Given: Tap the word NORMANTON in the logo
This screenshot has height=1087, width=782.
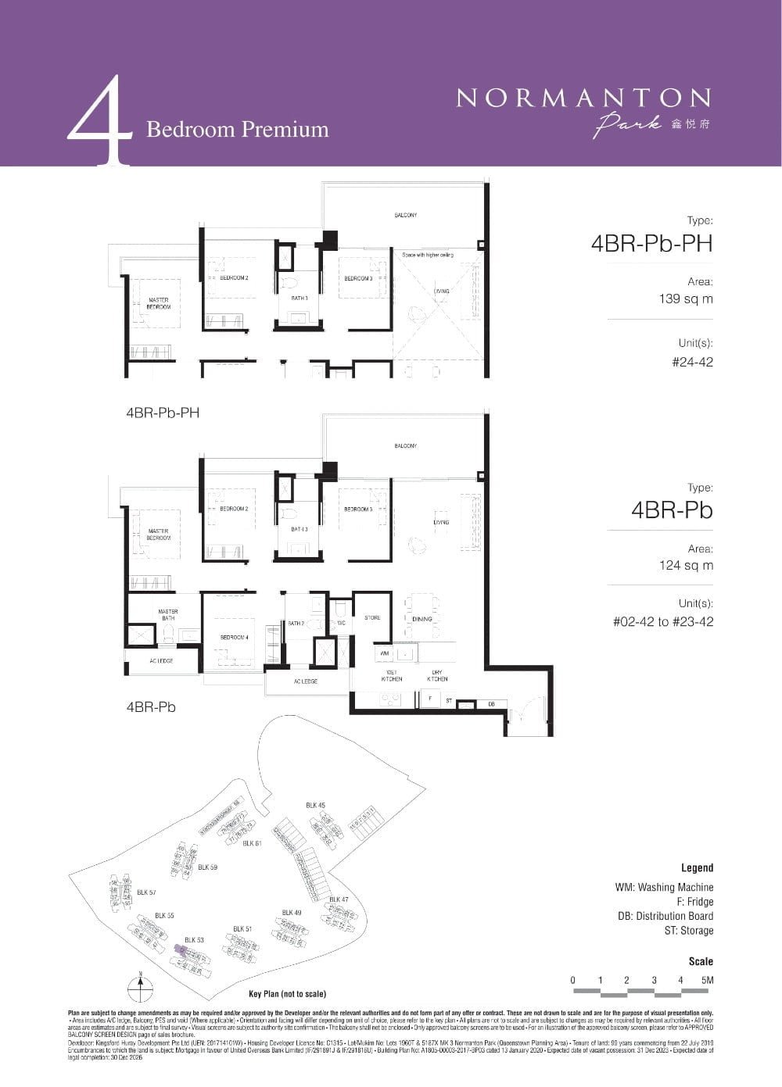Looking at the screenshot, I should [x=583, y=98].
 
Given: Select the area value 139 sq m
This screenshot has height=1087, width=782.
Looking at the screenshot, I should [x=686, y=299].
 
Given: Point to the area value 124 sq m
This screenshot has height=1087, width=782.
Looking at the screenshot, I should [x=686, y=565].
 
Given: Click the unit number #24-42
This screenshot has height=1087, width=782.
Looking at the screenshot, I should [x=692, y=362].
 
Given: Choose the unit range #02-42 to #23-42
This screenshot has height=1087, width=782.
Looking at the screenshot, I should [x=662, y=622].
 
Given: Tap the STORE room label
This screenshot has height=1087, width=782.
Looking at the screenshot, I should [x=372, y=617].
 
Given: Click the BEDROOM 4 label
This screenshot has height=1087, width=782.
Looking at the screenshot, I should [x=234, y=638].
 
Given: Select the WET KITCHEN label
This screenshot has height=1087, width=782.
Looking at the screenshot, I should [x=392, y=675].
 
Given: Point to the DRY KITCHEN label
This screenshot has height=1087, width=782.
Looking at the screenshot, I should [x=438, y=675].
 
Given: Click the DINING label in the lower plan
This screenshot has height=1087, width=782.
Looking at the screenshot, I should [x=421, y=619].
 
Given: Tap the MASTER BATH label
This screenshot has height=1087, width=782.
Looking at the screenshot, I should [x=167, y=615].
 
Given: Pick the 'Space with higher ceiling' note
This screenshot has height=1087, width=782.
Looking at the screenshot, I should [x=427, y=255].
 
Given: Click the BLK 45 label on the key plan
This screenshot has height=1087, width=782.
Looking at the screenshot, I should [x=315, y=805].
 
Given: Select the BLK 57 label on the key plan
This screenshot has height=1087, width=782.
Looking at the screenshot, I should [x=146, y=892].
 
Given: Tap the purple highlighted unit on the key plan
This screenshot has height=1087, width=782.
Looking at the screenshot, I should [x=180, y=950].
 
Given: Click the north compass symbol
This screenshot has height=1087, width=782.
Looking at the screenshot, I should [x=141, y=988].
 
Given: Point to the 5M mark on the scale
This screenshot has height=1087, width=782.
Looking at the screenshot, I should [x=708, y=980].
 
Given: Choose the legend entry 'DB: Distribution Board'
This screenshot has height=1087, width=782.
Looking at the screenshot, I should [x=664, y=916].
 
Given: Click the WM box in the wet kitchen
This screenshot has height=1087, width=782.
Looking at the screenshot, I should [x=384, y=653].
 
